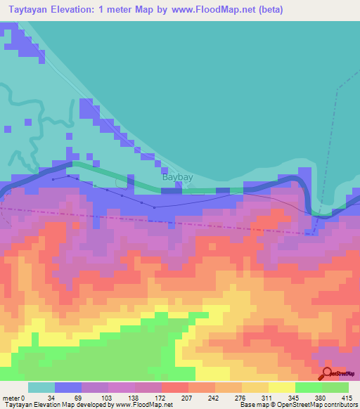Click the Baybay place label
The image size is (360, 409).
tap(178, 178)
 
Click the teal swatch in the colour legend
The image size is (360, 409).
tap(41, 387)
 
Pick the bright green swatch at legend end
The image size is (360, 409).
tap(335, 387)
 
